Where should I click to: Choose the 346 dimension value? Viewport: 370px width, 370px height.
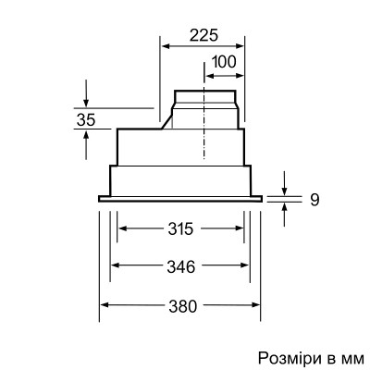(x=180, y=267)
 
